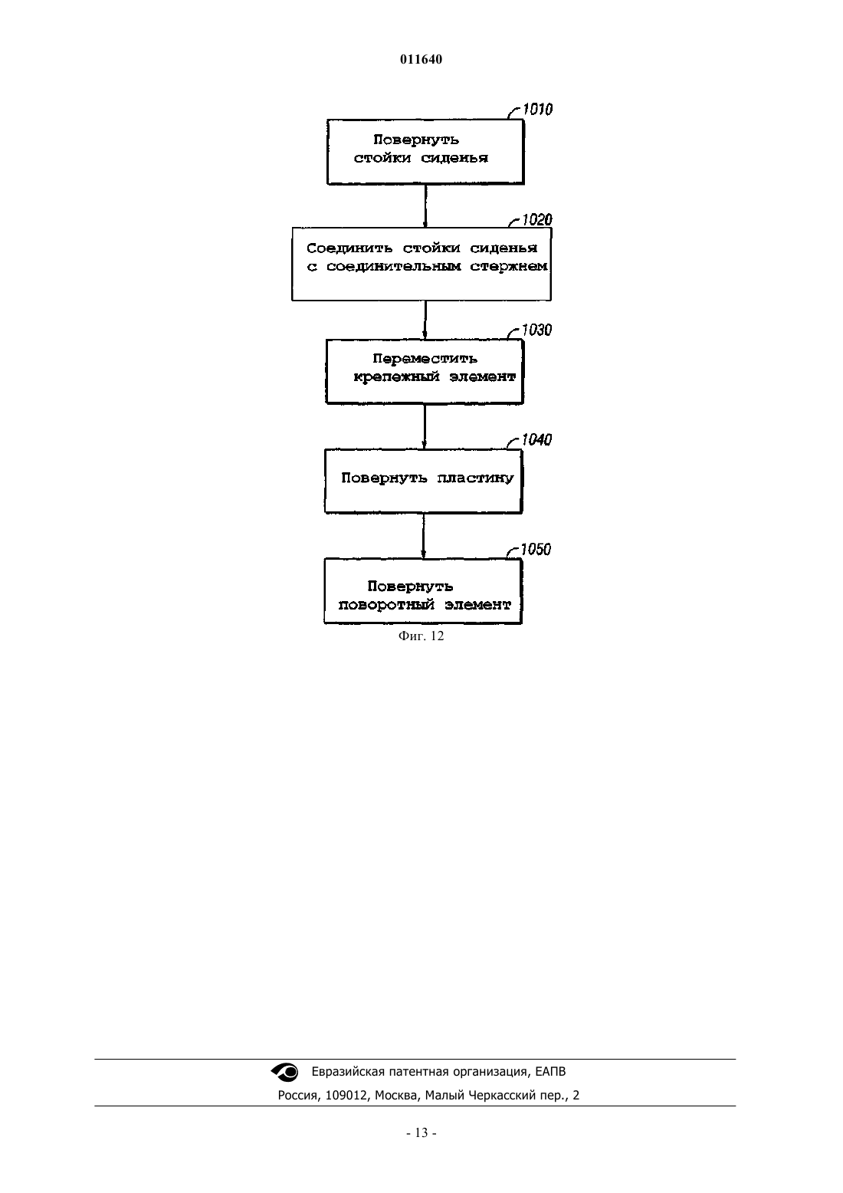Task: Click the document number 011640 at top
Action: click(421, 59)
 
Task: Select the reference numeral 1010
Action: click(537, 109)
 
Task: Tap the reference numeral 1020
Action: click(537, 219)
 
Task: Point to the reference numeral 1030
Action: click(536, 330)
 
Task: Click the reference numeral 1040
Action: click(536, 439)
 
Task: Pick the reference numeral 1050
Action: click(536, 549)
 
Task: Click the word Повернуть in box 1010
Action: click(416, 140)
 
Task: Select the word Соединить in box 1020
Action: click(349, 248)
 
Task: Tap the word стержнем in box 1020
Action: click(508, 266)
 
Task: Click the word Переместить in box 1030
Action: click(425, 359)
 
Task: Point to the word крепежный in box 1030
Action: click(396, 377)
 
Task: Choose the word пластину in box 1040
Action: click(475, 478)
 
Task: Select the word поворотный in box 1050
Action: click(386, 605)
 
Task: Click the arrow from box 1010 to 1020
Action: click(425, 206)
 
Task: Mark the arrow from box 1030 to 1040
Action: click(424, 426)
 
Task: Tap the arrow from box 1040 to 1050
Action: click(423, 537)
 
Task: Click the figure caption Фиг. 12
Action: click(421, 636)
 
